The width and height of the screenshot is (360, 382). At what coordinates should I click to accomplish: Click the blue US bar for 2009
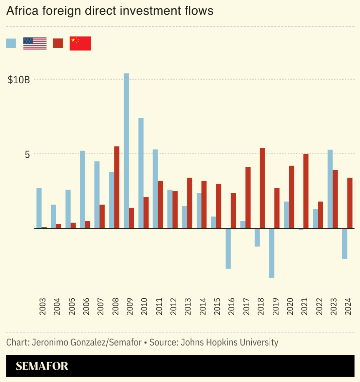point(126,151)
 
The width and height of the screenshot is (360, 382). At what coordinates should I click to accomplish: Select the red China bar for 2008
point(117,187)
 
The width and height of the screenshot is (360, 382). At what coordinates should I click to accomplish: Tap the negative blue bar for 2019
point(272,253)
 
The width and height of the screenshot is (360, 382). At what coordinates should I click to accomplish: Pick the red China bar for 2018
point(262,188)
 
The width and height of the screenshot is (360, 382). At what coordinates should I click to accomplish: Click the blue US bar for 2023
point(330,189)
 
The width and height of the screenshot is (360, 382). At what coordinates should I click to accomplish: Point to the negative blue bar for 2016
point(228,249)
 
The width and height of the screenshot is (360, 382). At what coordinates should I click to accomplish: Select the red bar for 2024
point(350,203)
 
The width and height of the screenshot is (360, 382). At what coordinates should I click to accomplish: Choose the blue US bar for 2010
point(141,173)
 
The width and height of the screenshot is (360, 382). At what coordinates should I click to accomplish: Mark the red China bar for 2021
point(306,191)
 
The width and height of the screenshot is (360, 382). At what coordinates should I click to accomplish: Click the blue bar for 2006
point(83,190)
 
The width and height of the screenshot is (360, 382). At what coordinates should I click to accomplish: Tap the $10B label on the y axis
point(19,80)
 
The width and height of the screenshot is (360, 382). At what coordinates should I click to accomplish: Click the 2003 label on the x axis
point(42,306)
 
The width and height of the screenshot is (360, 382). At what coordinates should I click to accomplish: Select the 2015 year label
point(217,306)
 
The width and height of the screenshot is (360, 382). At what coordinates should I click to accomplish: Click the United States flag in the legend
point(35,43)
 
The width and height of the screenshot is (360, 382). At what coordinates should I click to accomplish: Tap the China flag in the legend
point(80,43)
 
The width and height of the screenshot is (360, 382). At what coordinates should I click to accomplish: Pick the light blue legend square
point(11,43)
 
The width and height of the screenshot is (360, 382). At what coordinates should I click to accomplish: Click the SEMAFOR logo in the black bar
point(42,366)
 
